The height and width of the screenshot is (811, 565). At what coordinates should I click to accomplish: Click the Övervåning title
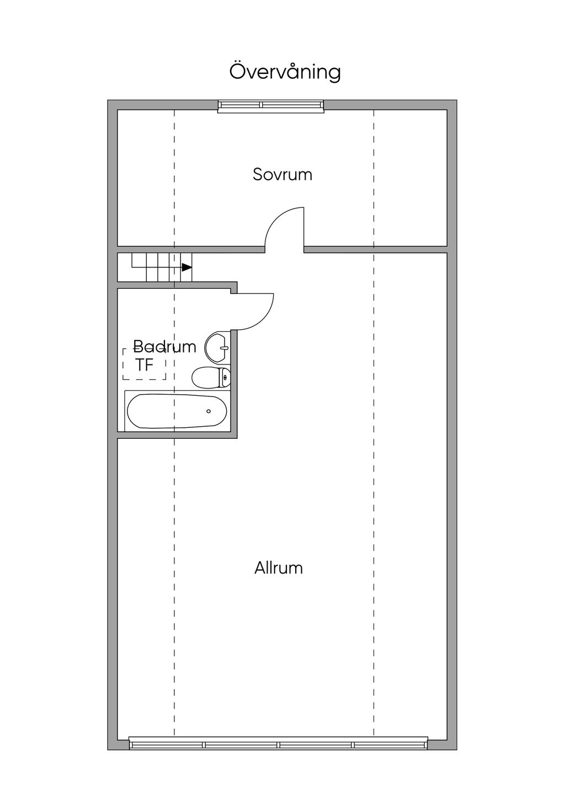coord(285,72)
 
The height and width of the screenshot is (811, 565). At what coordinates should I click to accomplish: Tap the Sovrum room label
coord(282,175)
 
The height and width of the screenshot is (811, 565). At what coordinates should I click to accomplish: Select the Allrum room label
coord(279,568)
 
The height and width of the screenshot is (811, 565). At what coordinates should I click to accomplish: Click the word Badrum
coord(164,347)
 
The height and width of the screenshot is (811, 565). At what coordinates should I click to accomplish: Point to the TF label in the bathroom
coord(144,365)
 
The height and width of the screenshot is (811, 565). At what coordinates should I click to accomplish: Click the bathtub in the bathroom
coord(177,411)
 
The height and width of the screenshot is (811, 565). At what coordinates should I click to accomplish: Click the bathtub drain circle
coord(209,411)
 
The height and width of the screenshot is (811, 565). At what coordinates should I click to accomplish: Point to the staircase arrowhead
coord(186,267)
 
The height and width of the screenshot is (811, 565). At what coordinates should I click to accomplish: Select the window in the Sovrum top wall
coord(270,106)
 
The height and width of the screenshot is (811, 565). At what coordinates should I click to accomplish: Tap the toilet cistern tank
coord(225,378)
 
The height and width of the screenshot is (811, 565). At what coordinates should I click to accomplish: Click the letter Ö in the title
coord(237,71)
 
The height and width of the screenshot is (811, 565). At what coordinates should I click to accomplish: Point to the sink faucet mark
coord(223,347)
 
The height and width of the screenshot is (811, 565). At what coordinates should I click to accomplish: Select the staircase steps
coord(160,267)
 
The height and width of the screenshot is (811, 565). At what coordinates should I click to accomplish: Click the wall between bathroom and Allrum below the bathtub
coord(177,435)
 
